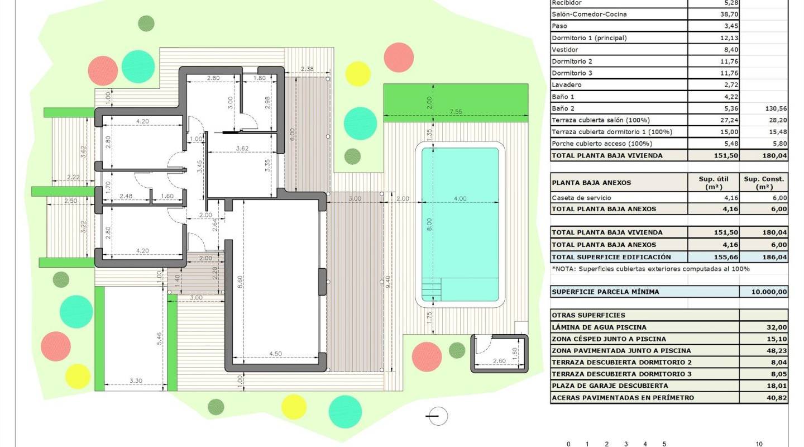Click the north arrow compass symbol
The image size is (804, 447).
(437, 416)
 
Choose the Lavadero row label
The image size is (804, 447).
(567, 85)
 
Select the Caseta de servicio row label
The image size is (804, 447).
(581, 197)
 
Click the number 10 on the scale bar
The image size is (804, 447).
(759, 444)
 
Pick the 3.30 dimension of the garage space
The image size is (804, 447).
(136, 381)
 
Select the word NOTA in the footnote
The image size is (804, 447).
(565, 269)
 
